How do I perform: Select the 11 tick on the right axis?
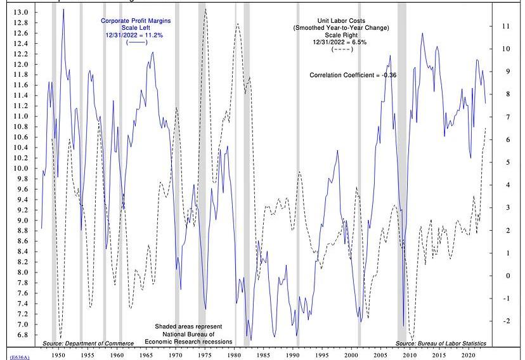coord(505,26)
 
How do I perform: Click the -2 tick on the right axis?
coord(505,321)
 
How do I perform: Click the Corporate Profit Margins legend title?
coord(136,21)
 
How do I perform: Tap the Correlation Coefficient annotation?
coord(353,75)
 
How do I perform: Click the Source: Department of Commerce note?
coord(88,343)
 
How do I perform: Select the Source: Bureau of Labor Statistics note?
coord(441,343)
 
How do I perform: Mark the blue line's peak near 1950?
coord(63,10)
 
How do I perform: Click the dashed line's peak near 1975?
coord(205,10)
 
